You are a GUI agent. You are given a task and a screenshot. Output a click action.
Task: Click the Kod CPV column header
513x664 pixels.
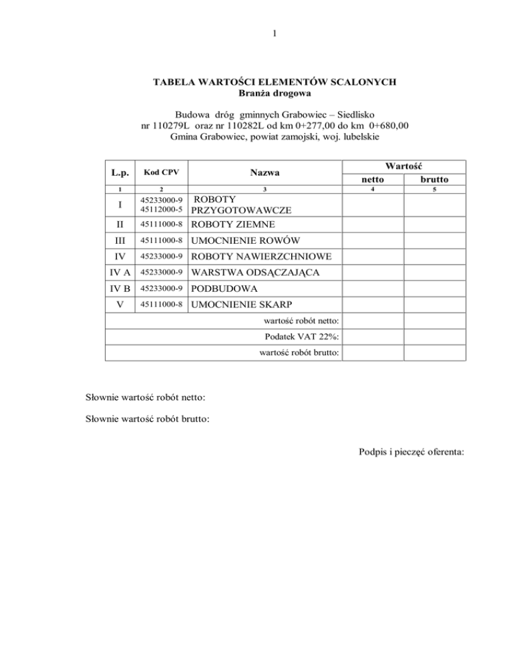(x=162, y=172)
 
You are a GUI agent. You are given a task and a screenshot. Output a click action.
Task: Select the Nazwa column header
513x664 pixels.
(x=265, y=172)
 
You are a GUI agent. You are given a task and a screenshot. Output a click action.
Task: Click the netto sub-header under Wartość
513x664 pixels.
(x=373, y=180)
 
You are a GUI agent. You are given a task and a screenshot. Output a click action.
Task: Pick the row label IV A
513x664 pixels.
(x=120, y=273)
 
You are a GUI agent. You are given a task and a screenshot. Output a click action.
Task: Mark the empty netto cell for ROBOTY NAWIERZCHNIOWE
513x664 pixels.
(x=373, y=257)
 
